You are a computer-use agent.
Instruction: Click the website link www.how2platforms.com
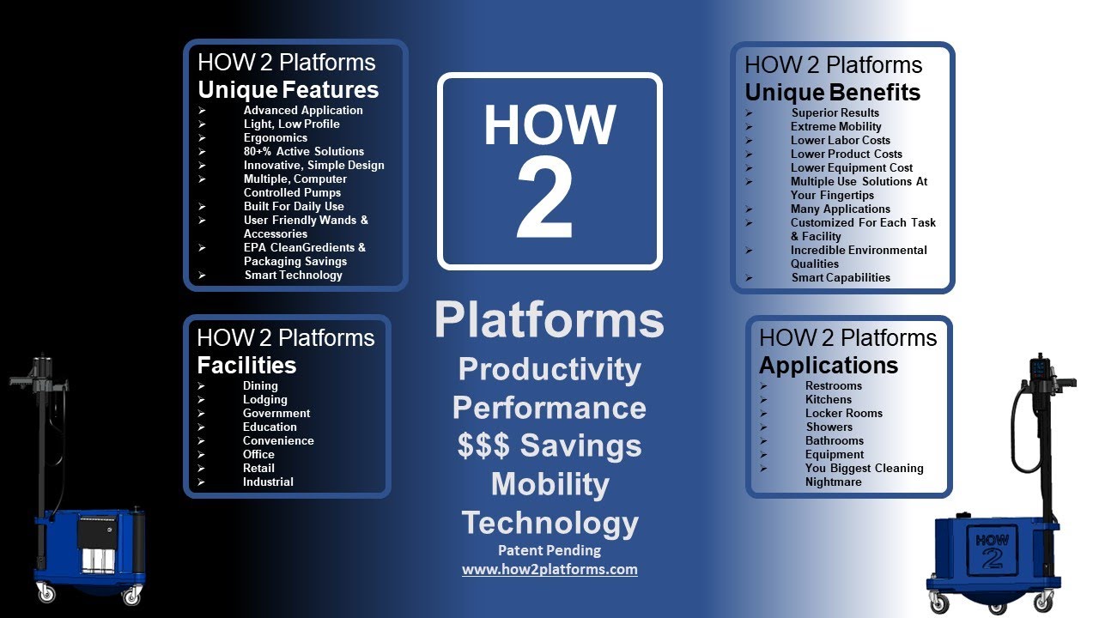tap(549, 569)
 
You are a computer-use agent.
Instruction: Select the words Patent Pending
tap(549, 550)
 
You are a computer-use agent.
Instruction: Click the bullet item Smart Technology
tap(293, 276)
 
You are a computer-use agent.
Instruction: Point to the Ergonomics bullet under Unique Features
tap(275, 137)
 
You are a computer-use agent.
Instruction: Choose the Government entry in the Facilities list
tap(276, 413)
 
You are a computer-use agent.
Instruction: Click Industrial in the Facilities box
tap(268, 482)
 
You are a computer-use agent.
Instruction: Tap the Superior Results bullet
tap(835, 112)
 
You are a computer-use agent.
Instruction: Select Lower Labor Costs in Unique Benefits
tap(840, 140)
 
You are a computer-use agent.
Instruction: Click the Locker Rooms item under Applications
tap(843, 413)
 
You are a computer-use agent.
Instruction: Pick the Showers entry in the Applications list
tap(829, 427)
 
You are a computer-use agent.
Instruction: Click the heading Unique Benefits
tap(832, 93)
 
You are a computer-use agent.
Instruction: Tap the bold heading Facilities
tap(246, 365)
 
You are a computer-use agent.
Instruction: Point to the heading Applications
tap(828, 365)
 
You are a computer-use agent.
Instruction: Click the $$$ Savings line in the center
tap(549, 445)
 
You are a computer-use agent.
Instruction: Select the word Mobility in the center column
tap(549, 484)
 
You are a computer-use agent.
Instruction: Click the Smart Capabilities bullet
tap(841, 277)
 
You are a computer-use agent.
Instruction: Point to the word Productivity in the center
tap(549, 368)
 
